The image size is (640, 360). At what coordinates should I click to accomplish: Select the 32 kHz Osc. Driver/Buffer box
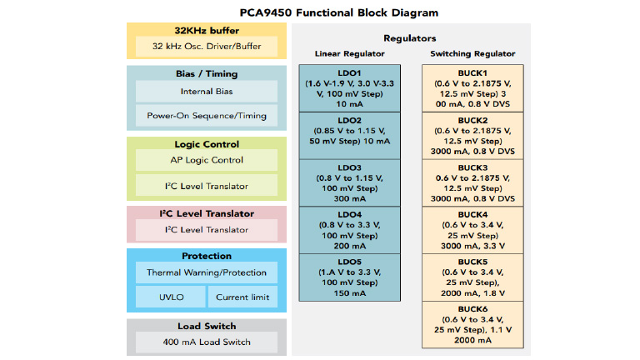pos(207,47)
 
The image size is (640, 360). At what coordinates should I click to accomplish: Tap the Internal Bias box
pos(207,92)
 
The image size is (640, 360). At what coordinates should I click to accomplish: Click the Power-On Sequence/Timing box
pos(207,116)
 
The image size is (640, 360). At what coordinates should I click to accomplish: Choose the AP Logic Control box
pos(207,160)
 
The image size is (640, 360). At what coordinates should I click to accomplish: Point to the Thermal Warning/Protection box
pos(207,272)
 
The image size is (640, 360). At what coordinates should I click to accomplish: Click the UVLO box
pos(170,297)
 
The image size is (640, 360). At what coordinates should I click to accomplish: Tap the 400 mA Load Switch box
pos(207,342)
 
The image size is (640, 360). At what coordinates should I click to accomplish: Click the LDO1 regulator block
pos(339,87)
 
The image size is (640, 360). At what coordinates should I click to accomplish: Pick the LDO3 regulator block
pos(339,182)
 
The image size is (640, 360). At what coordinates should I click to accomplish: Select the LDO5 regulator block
pos(339,277)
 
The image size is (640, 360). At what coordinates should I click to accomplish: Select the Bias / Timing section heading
pos(207,73)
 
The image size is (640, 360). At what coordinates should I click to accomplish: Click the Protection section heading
pos(207,256)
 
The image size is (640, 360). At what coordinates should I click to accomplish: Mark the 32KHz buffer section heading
pos(207,30)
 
